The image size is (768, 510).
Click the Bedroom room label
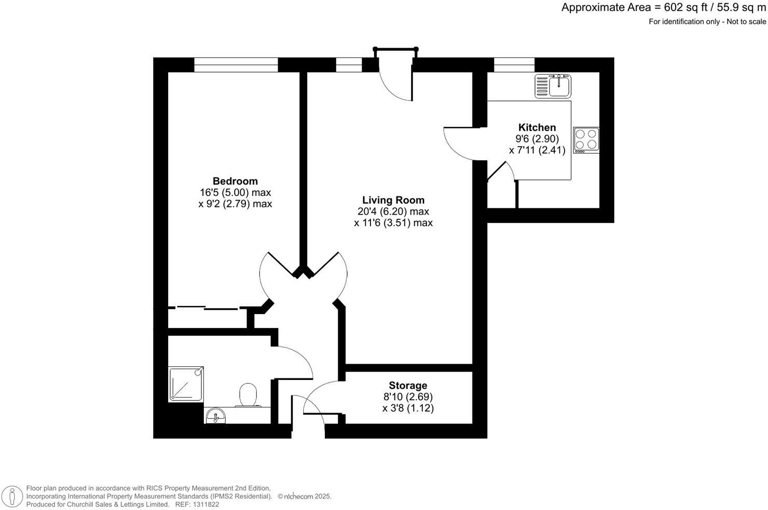point(235,181)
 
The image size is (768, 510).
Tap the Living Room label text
point(393,200)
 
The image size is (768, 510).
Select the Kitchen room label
point(537,127)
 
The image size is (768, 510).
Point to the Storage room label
point(408,386)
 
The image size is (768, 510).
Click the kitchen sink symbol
point(553,86)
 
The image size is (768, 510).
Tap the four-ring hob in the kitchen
point(586,140)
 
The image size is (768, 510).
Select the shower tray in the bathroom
point(186,384)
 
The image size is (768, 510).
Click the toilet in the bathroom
point(248,395)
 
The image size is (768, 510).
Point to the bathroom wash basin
point(215,416)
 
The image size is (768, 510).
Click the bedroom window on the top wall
point(236,65)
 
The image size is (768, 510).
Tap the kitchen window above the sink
point(514,65)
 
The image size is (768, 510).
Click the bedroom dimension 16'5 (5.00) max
point(235,192)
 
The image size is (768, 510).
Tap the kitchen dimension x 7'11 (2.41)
point(537,151)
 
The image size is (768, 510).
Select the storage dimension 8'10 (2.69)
point(408,397)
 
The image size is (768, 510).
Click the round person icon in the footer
point(12,496)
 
